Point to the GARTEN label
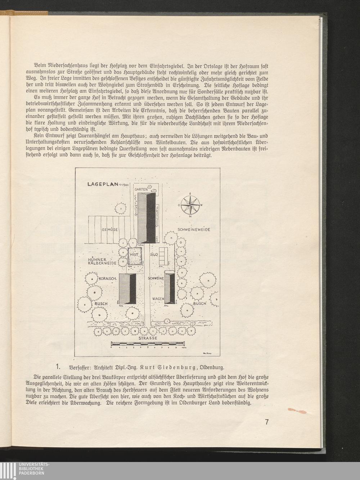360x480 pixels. pos(141,190)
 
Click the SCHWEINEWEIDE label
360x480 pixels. pos(194,230)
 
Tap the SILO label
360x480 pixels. pos(154,254)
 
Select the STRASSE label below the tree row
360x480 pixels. pos(148,338)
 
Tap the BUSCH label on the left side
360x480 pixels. pos(101,304)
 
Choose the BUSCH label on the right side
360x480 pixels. pos(199,304)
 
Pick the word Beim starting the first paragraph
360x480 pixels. pos(40,67)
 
